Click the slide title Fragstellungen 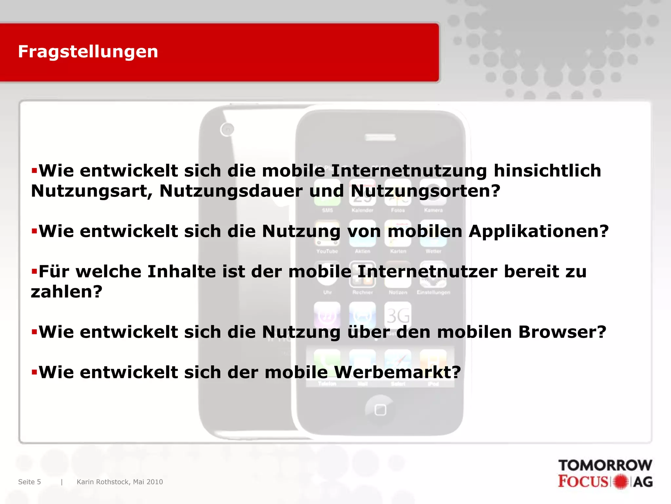[x=88, y=52]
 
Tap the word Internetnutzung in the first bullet [x=409, y=171]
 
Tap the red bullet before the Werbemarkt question [x=34, y=372]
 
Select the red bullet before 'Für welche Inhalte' [x=34, y=271]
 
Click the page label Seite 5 [x=29, y=482]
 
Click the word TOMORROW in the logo [x=605, y=465]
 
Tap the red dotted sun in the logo [x=621, y=482]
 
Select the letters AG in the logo [x=643, y=482]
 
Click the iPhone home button [x=380, y=410]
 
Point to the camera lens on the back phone [x=227, y=130]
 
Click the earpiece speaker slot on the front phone [x=380, y=137]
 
